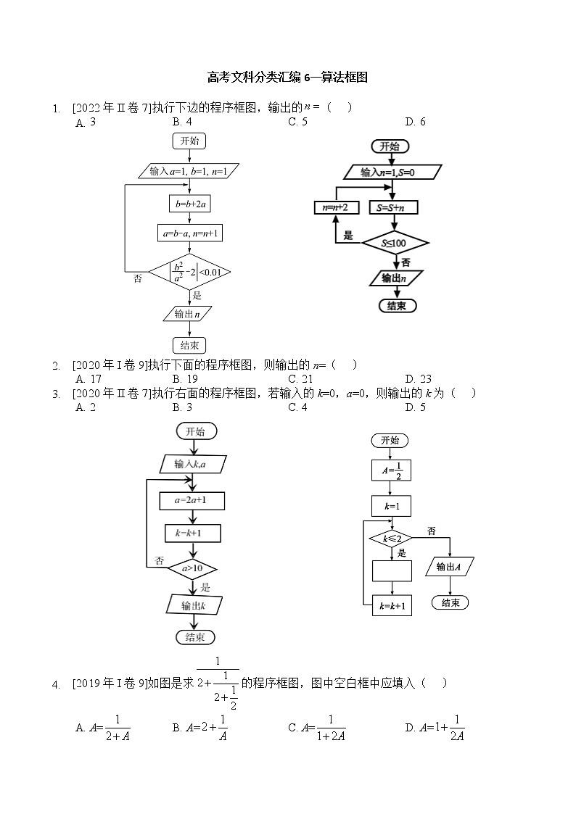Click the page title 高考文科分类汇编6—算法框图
pos(287,77)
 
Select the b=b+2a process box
pos(189,205)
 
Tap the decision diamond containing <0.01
pos(189,273)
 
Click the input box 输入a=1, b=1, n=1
pos(189,172)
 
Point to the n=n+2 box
pos(335,208)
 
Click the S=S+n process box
pos(393,208)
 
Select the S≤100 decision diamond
pos(395,243)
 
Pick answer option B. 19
pos(185,378)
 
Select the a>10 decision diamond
pos(192,568)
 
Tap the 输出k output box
pos(193,605)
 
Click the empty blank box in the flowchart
pos(392,571)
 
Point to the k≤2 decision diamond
pos(391,539)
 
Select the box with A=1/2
pos(391,470)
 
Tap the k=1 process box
pos(391,505)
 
